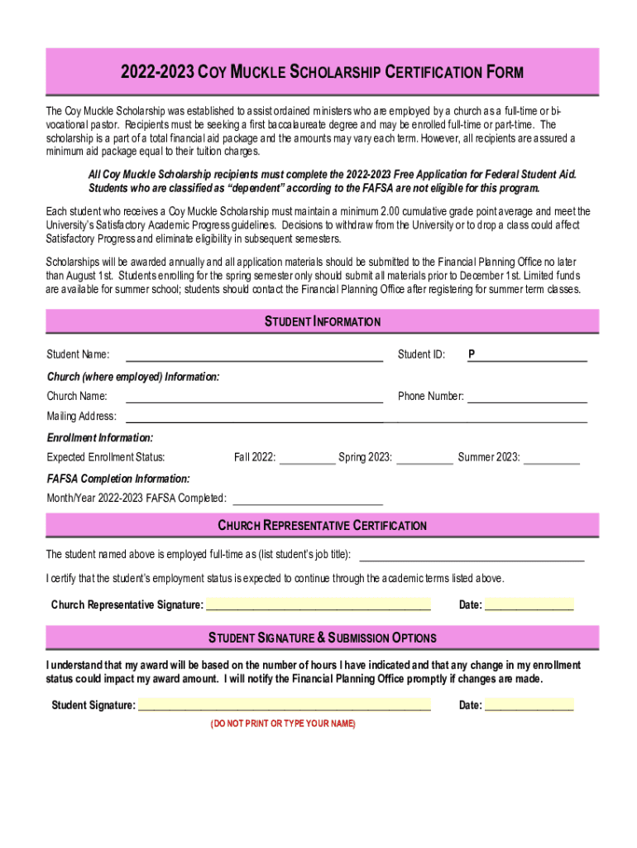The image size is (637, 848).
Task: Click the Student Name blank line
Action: [253, 355]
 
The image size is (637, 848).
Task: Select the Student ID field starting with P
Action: [529, 355]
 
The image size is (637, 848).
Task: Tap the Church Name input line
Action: [253, 396]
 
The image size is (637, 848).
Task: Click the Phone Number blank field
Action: [527, 396]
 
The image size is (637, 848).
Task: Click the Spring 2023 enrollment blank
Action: [424, 457]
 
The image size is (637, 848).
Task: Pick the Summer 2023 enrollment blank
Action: [552, 457]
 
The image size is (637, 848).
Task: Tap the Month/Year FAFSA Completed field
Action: [309, 498]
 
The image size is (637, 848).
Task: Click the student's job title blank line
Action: [471, 554]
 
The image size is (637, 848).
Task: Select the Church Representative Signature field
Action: [318, 604]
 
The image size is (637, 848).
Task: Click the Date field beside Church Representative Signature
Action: [529, 604]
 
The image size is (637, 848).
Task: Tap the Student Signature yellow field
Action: [284, 705]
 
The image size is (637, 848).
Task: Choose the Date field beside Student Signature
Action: [529, 705]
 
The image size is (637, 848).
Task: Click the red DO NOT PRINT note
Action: [283, 724]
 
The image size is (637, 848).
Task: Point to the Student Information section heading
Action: [322, 321]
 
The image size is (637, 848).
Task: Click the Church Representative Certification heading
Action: [322, 526]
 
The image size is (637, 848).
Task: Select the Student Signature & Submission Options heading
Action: [322, 638]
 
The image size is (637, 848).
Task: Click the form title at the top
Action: [322, 72]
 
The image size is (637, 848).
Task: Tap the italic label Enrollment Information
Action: [99, 437]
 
